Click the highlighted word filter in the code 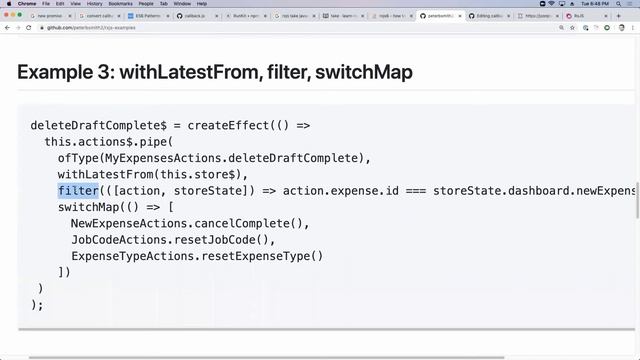pyautogui.click(x=78, y=190)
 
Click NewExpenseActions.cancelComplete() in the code pyautogui.click(x=190, y=223)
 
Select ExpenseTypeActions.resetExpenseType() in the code pyautogui.click(x=197, y=256)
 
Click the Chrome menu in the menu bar pyautogui.click(x=27, y=4)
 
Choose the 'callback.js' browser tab pyautogui.click(x=196, y=16)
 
